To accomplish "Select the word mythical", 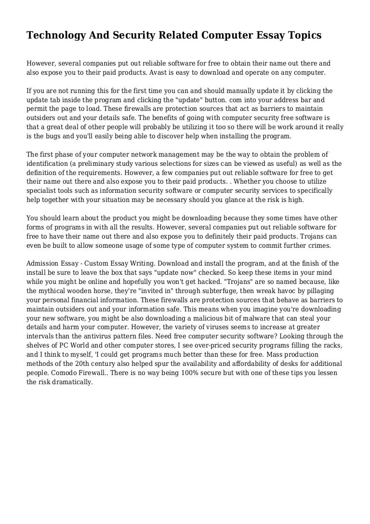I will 53,291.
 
